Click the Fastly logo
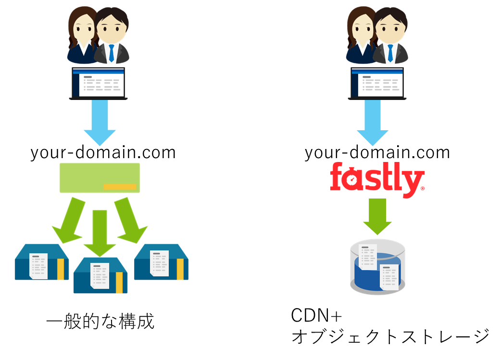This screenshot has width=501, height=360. tap(377, 180)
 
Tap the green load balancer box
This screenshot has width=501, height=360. tap(100, 177)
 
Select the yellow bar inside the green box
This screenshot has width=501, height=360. tap(120, 186)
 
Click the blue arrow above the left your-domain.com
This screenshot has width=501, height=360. tap(100, 122)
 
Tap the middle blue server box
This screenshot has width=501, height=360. tap(100, 275)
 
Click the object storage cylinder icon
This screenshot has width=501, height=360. tap(377, 266)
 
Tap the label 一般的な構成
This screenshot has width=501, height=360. tap(100, 321)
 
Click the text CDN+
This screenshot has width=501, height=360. tap(316, 316)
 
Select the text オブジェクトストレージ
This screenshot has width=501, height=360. tap(390, 336)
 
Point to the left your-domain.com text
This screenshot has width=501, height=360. tap(103, 152)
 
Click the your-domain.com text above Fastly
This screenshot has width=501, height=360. tap(377, 152)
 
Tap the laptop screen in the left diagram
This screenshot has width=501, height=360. tap(98, 83)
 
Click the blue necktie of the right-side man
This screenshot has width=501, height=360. tap(390, 52)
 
